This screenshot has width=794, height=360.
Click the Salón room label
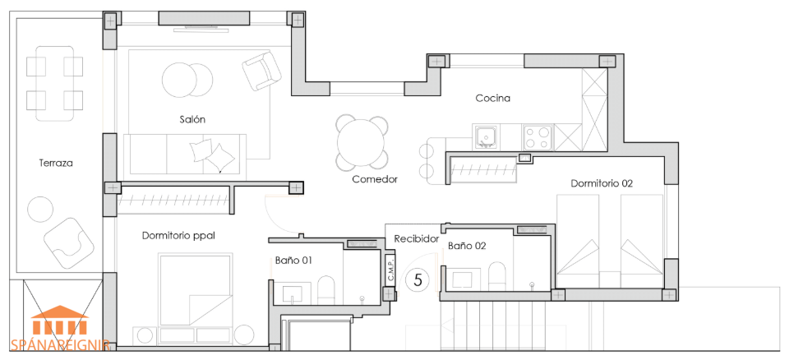pos(192,120)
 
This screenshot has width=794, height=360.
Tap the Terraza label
pos(56,163)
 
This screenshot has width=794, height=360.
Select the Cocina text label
pos(492,99)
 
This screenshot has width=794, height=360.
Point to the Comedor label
pos(376,179)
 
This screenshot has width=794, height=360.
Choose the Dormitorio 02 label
pos(602,183)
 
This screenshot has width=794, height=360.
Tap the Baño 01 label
pos(293,261)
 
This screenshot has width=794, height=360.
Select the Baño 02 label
pos(467,246)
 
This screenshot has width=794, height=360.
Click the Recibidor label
pos(416,238)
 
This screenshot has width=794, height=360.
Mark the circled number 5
pos(418,279)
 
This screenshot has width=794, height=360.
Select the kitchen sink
pos(487,137)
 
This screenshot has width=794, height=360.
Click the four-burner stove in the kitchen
pos(538,137)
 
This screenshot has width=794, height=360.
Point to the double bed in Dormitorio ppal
pos(196,289)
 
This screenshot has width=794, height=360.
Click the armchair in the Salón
pos(261,71)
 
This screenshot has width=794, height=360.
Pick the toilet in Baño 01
pos(326,290)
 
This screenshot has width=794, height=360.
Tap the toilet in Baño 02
pos(497,276)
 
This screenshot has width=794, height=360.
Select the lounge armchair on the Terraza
pos(69,243)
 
